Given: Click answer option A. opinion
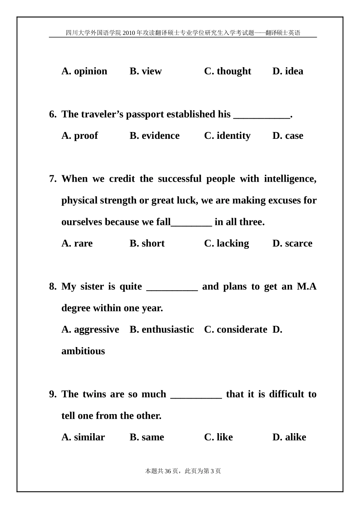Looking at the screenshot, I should click(x=84, y=71).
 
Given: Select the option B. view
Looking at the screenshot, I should click(x=146, y=71).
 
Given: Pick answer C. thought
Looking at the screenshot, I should click(x=227, y=71).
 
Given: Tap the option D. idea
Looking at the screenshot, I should click(x=288, y=71).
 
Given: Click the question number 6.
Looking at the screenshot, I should click(x=53, y=114).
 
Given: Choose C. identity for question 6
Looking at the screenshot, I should click(x=227, y=136).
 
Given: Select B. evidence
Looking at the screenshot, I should click(x=155, y=136).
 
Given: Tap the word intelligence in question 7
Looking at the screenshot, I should click(x=290, y=179).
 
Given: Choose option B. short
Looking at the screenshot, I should click(x=147, y=244).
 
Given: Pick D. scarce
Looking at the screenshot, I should click(x=292, y=244).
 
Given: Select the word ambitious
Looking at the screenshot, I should click(x=83, y=351).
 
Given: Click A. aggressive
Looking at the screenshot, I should click(x=90, y=330).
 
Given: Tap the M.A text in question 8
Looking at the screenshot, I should click(x=307, y=286).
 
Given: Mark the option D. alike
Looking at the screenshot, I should click(x=289, y=437).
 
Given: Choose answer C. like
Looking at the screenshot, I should click(x=219, y=437).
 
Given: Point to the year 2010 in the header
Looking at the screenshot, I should click(x=128, y=33).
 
